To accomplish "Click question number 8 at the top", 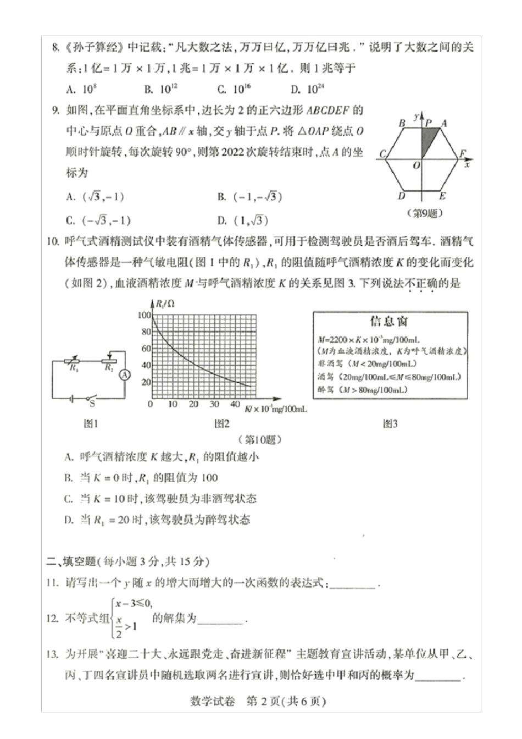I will click(x=55, y=47).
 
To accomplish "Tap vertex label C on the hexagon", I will click(x=382, y=154).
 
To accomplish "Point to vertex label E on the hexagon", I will click(x=443, y=196).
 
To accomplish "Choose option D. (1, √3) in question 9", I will click(x=243, y=221).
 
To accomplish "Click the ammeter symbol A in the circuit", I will click(x=125, y=375).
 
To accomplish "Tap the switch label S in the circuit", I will click(x=92, y=404).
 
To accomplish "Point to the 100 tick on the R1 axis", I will click(x=144, y=315).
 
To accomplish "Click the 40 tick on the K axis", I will click(x=235, y=404).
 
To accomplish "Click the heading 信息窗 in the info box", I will click(x=389, y=321).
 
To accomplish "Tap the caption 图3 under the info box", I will click(x=390, y=423).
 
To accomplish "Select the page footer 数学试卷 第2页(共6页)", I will click(x=258, y=702).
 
